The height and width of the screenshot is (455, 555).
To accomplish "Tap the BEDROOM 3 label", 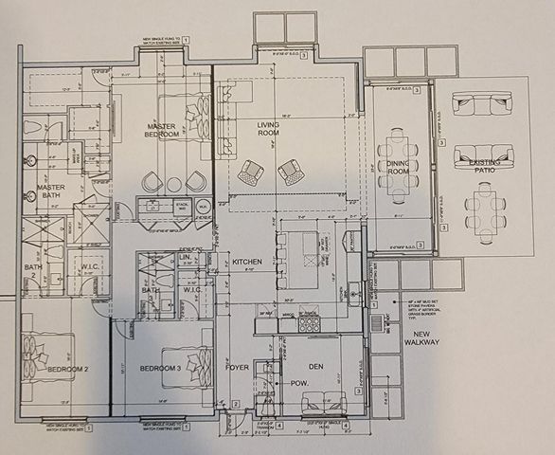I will [x=161, y=368].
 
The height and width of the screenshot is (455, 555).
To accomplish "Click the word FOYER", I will [x=237, y=366].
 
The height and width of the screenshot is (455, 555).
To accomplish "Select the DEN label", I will [x=317, y=366].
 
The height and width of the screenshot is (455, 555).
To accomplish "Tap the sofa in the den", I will [x=324, y=403].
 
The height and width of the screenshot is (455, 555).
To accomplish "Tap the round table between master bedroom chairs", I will [x=173, y=184].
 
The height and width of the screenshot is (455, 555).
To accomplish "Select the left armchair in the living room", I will [x=250, y=173].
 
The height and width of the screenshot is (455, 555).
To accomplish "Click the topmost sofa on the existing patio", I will [x=481, y=103].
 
